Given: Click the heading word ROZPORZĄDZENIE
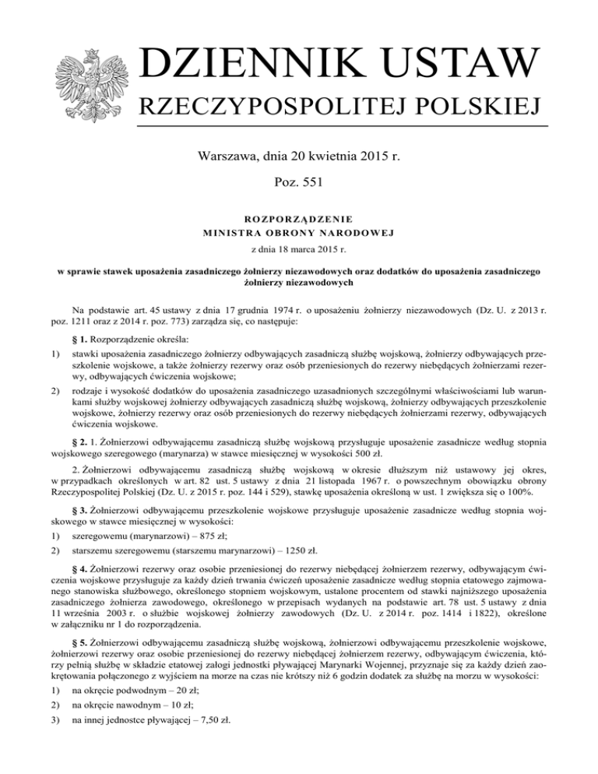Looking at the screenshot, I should click(x=299, y=219).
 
